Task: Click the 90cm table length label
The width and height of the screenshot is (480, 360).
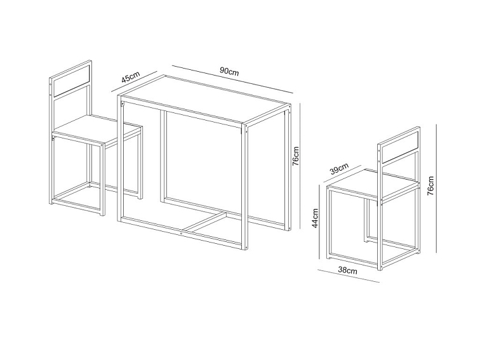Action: pos(229,71)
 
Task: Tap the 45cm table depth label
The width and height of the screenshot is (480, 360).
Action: pos(131,77)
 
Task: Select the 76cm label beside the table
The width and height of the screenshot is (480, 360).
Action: pos(296,156)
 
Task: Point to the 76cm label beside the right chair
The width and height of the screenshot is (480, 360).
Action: pos(430,186)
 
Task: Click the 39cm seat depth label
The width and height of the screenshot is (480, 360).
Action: pos(339,169)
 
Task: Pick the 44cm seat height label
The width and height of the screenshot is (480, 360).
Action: pos(316,218)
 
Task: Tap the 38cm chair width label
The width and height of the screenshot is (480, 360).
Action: pos(347,270)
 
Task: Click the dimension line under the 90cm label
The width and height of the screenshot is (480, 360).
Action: pos(232,79)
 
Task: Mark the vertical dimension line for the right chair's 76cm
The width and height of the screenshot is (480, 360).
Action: pos(436,189)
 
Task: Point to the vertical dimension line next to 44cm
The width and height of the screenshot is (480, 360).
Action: pos(319,222)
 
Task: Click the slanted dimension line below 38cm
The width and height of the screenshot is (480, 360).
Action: pos(349,276)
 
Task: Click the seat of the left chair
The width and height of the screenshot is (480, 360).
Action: pos(97,129)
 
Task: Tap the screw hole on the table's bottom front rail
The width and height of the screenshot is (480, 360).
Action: pos(182,232)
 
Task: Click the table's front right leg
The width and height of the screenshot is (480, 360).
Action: pos(244,187)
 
